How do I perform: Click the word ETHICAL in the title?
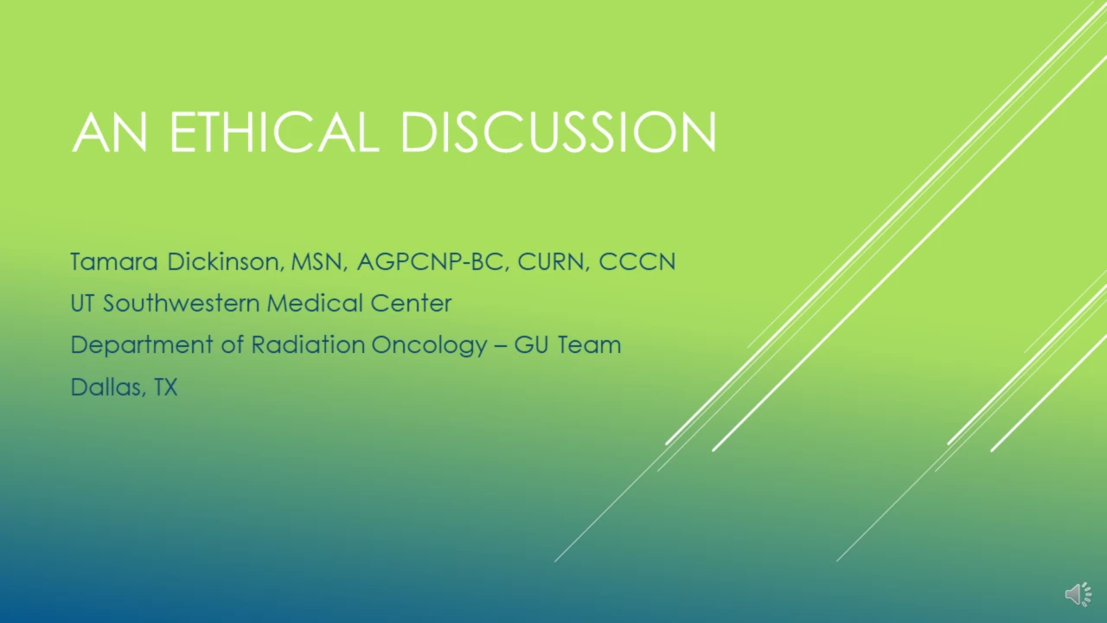click(274, 132)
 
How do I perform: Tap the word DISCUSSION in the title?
click(559, 132)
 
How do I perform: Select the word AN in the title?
click(110, 132)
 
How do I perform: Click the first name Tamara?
click(114, 261)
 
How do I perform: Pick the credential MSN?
click(317, 261)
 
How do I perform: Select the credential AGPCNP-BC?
click(432, 261)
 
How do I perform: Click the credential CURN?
click(553, 261)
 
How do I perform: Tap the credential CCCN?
click(637, 261)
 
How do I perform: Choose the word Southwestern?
click(181, 303)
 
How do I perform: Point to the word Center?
click(411, 303)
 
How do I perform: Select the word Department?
click(142, 345)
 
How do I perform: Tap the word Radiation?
click(308, 344)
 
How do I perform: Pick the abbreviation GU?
click(531, 344)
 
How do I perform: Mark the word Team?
click(589, 344)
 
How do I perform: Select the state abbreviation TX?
click(165, 387)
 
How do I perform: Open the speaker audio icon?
click(1078, 594)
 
